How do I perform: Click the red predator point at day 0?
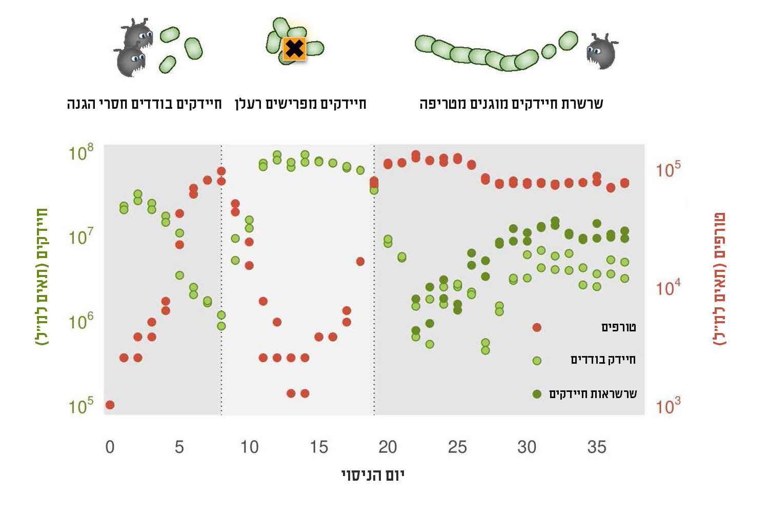tap(110, 405)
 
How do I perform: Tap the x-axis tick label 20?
tap(388, 447)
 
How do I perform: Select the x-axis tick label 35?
tap(596, 447)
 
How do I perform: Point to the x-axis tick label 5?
tap(179, 447)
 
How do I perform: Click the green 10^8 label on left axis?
tap(81, 152)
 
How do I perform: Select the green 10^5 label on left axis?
tap(81, 406)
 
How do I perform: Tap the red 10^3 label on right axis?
tap(668, 406)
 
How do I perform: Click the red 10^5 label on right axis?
tap(668, 169)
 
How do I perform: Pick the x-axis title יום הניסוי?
tap(373, 475)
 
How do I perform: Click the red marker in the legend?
tap(537, 327)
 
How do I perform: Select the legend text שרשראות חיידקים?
tap(593, 394)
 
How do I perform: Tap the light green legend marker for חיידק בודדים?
tap(537, 361)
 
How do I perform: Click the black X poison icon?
tap(294, 49)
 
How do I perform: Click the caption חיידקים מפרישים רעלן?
tap(300, 104)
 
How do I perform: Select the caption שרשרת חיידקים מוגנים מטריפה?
tap(511, 104)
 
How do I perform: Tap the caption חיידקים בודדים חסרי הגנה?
tap(144, 104)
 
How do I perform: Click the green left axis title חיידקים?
tap(42, 277)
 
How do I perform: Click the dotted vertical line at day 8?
tap(221, 282)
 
